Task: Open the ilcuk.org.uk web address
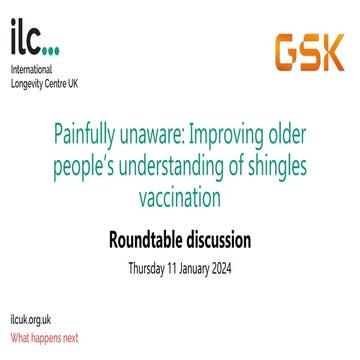29,320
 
